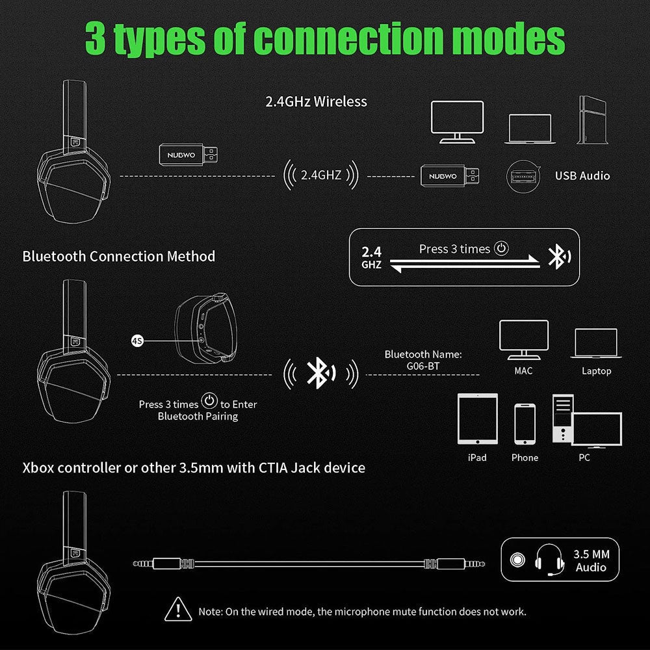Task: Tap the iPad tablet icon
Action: [476, 420]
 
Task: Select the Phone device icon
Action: [525, 424]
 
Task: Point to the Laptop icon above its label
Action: [595, 343]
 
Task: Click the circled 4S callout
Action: [137, 340]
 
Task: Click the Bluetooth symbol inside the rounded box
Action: [556, 257]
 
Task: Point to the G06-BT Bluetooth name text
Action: [422, 366]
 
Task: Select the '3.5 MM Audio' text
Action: [591, 561]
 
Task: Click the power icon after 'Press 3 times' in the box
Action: [500, 248]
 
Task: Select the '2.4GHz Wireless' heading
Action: [317, 101]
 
